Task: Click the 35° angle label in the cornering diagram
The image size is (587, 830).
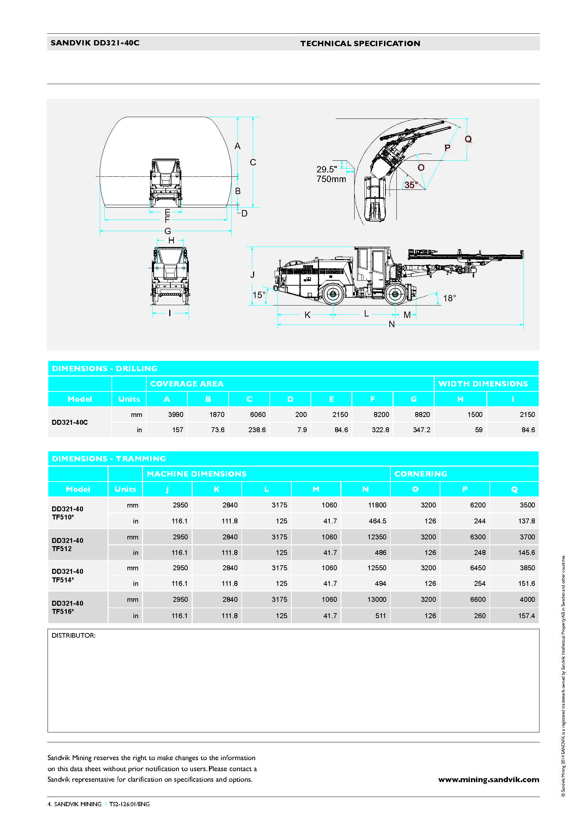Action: pyautogui.click(x=411, y=185)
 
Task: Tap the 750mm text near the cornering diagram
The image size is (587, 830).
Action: pyautogui.click(x=331, y=179)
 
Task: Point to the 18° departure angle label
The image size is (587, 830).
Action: pyautogui.click(x=449, y=298)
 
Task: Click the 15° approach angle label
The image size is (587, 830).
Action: pyautogui.click(x=259, y=295)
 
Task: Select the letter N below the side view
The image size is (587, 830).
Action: pyautogui.click(x=391, y=324)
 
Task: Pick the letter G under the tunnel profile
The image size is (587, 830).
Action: pyautogui.click(x=168, y=231)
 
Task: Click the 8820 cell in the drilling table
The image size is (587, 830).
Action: pyautogui.click(x=422, y=414)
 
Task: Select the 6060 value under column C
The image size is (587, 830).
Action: pyautogui.click(x=258, y=414)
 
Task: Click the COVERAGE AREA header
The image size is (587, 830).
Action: pyautogui.click(x=187, y=384)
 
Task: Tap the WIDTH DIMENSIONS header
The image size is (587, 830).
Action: pyautogui.click(x=483, y=384)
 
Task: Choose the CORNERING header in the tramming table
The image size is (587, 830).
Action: pyautogui.click(x=421, y=474)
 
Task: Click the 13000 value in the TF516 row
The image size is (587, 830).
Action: pyautogui.click(x=377, y=599)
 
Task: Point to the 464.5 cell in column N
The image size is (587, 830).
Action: pyautogui.click(x=377, y=521)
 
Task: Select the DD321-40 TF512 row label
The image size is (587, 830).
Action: pyautogui.click(x=67, y=544)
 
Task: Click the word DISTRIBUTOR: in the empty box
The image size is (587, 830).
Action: pyautogui.click(x=73, y=635)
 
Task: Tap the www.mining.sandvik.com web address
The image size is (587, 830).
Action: pyautogui.click(x=488, y=779)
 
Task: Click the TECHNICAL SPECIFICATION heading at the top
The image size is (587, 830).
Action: pyautogui.click(x=360, y=43)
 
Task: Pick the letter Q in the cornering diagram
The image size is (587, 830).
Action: pyautogui.click(x=468, y=139)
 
